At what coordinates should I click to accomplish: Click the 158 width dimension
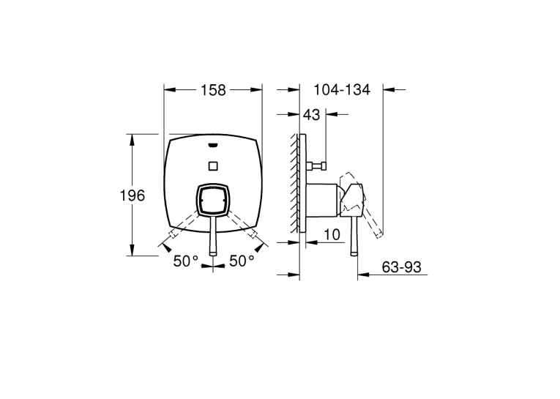tap(213, 90)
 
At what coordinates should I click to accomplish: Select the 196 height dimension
tap(132, 195)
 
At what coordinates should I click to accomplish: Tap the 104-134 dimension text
tap(342, 89)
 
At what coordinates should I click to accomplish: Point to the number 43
tap(311, 115)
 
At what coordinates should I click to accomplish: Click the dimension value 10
tap(332, 235)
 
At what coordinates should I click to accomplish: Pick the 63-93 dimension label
tap(401, 266)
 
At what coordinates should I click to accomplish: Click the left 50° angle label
tap(186, 261)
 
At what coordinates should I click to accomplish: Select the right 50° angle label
tap(242, 261)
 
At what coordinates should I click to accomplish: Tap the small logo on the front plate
tap(213, 145)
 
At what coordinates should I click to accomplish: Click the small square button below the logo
tap(213, 165)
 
